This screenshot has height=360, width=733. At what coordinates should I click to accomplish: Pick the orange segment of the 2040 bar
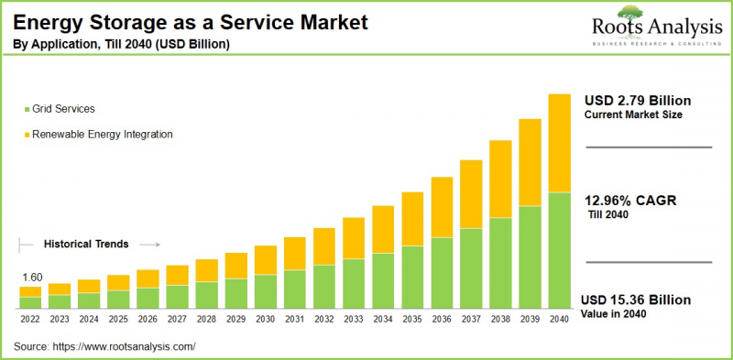(x=559, y=143)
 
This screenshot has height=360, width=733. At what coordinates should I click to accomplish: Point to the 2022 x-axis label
(x=30, y=318)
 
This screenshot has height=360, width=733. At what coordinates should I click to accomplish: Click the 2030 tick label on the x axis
(x=265, y=318)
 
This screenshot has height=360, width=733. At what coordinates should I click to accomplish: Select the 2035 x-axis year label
(x=412, y=318)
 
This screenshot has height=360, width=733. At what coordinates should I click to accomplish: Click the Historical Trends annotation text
(x=85, y=245)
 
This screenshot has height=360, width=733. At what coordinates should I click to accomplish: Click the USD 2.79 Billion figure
(x=637, y=100)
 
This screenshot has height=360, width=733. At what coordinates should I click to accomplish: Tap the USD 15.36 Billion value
(x=637, y=300)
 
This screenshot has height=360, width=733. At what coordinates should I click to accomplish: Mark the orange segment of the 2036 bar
(x=442, y=207)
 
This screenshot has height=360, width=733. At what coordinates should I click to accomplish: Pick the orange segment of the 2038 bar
(x=500, y=179)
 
